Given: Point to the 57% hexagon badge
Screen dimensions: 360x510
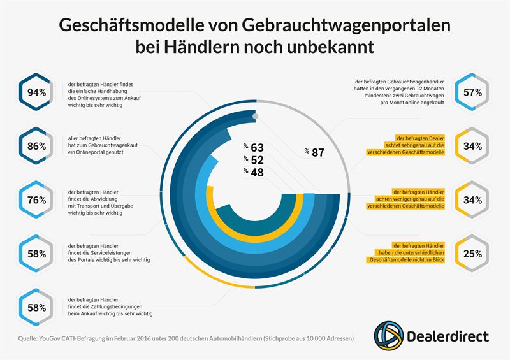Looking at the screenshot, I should pyautogui.click(x=472, y=92).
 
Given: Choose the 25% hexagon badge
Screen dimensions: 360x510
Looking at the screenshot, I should pyautogui.click(x=472, y=254).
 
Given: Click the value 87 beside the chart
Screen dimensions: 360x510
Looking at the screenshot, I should pyautogui.click(x=317, y=152).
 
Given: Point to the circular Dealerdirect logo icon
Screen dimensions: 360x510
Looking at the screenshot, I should pyautogui.click(x=388, y=334).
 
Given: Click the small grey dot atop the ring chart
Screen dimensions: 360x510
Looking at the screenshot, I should pyautogui.click(x=255, y=117).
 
